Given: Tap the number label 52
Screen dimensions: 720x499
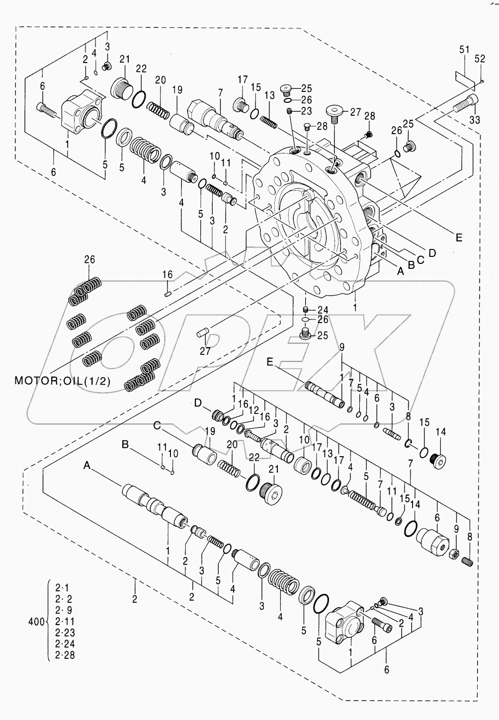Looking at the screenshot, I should (480, 59).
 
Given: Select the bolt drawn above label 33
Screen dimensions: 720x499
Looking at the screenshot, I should (466, 104).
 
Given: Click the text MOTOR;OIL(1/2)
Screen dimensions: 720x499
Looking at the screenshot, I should (62, 381).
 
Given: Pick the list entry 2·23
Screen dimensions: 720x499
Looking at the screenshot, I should (64, 633).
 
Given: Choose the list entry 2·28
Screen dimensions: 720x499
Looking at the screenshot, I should (64, 655).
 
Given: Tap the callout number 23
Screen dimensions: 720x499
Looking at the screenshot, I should (306, 111).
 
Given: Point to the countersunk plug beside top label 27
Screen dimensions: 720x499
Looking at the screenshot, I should (335, 110).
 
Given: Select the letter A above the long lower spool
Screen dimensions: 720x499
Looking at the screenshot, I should (87, 466).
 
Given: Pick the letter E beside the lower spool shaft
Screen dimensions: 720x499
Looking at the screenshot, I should (270, 362).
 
